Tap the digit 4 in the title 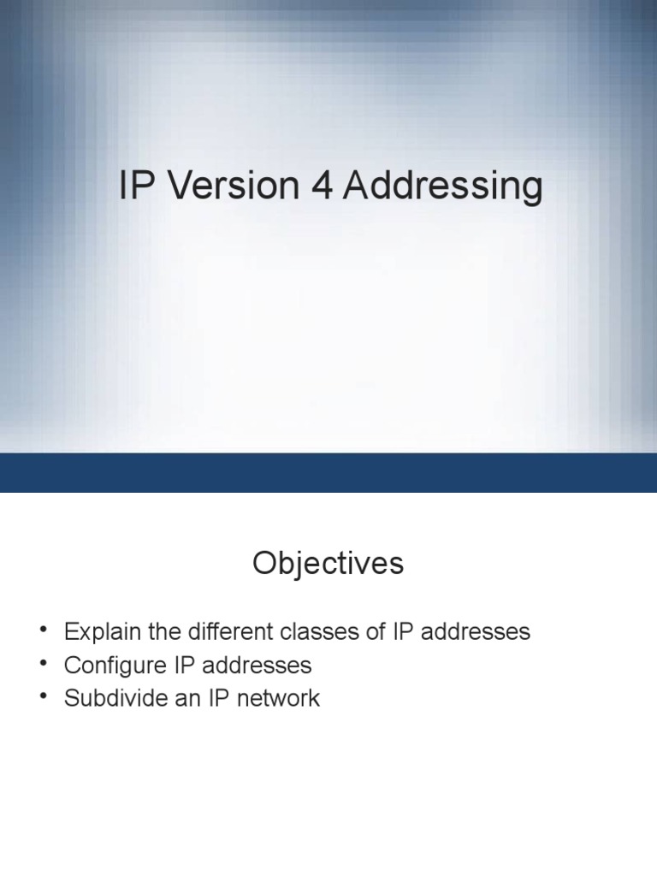point(322,186)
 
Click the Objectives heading point(328,564)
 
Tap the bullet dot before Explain point(44,630)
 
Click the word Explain point(99,632)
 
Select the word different point(224,632)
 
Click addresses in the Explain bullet point(475,632)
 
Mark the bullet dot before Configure point(44,664)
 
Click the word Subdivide point(114,698)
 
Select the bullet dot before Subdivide point(44,696)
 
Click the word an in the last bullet point(183,698)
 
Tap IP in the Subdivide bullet point(212,698)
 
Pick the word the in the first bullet point(158,632)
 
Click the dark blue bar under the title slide point(328,472)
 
